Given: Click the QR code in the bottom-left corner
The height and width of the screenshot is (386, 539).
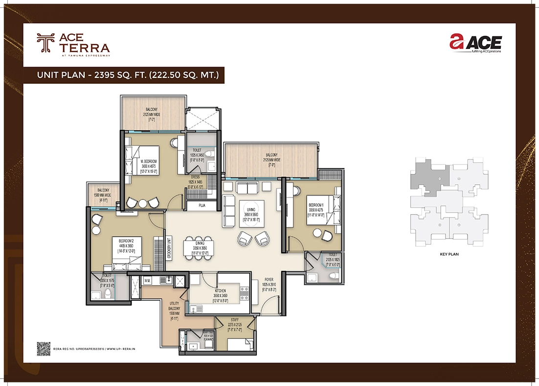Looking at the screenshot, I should (x=44, y=348).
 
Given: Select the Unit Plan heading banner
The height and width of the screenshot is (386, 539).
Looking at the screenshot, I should (x=131, y=75).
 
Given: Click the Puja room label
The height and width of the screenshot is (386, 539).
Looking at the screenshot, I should (x=202, y=206).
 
